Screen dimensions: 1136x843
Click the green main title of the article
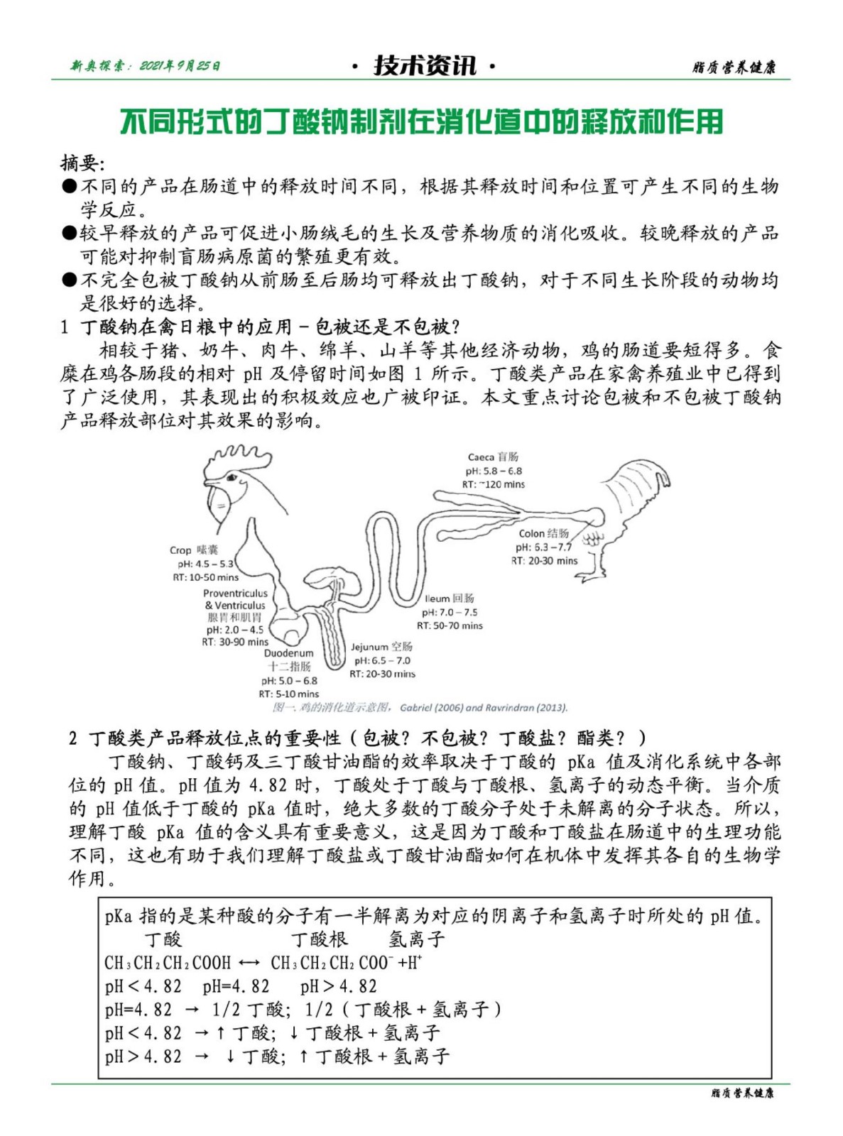tap(421, 121)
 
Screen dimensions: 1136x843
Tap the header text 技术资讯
tap(425, 66)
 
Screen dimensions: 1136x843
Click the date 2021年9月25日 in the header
tap(180, 66)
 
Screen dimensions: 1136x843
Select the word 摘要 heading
tap(81, 163)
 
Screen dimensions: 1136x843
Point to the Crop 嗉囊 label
tap(193, 550)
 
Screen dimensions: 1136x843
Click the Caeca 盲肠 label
tap(493, 457)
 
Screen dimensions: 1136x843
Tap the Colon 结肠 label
tap(543, 533)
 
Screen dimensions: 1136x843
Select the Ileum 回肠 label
tap(450, 598)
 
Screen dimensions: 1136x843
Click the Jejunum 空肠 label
tap(381, 647)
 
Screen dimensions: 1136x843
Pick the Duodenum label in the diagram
tap(288, 653)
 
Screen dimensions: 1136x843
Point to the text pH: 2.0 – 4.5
tap(235, 630)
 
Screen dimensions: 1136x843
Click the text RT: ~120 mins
tap(494, 484)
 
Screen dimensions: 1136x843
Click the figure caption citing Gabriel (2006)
tap(420, 707)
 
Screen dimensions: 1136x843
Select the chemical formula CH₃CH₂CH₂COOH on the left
tap(168, 963)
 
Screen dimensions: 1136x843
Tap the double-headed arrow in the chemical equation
tap(249, 963)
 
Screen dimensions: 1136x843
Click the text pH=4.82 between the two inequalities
tap(236, 986)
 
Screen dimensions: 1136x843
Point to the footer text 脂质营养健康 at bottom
tap(742, 1093)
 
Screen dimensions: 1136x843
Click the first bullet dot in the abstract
tap(69, 187)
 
